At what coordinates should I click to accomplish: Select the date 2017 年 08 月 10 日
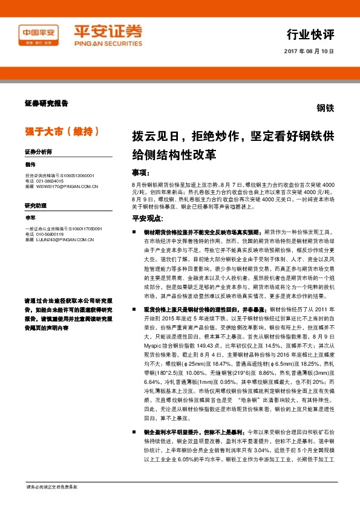309,51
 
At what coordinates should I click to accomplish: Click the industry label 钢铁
326,109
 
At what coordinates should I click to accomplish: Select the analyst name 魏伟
30,164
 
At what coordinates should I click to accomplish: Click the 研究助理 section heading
35,206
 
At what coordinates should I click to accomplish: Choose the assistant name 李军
30,217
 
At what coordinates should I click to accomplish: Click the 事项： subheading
141,172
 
